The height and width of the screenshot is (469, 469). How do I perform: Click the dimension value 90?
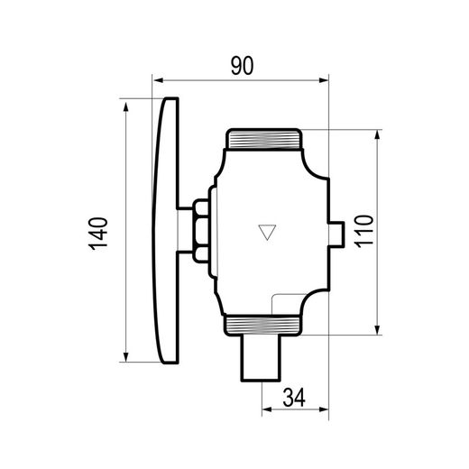[x=242, y=65]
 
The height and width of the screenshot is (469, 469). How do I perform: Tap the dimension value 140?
[x=98, y=234]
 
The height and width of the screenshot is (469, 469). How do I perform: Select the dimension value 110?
[x=363, y=232]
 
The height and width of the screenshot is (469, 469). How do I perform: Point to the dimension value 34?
[x=294, y=397]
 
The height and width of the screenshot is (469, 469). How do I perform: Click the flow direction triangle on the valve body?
[x=267, y=232]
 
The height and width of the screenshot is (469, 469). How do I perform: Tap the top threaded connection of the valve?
[x=263, y=139]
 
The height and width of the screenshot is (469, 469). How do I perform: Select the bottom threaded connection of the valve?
[x=262, y=326]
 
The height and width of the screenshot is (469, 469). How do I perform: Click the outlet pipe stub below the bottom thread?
[x=261, y=358]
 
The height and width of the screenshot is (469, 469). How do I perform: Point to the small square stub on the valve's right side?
[x=336, y=234]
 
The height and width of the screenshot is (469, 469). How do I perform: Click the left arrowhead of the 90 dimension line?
[x=158, y=80]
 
